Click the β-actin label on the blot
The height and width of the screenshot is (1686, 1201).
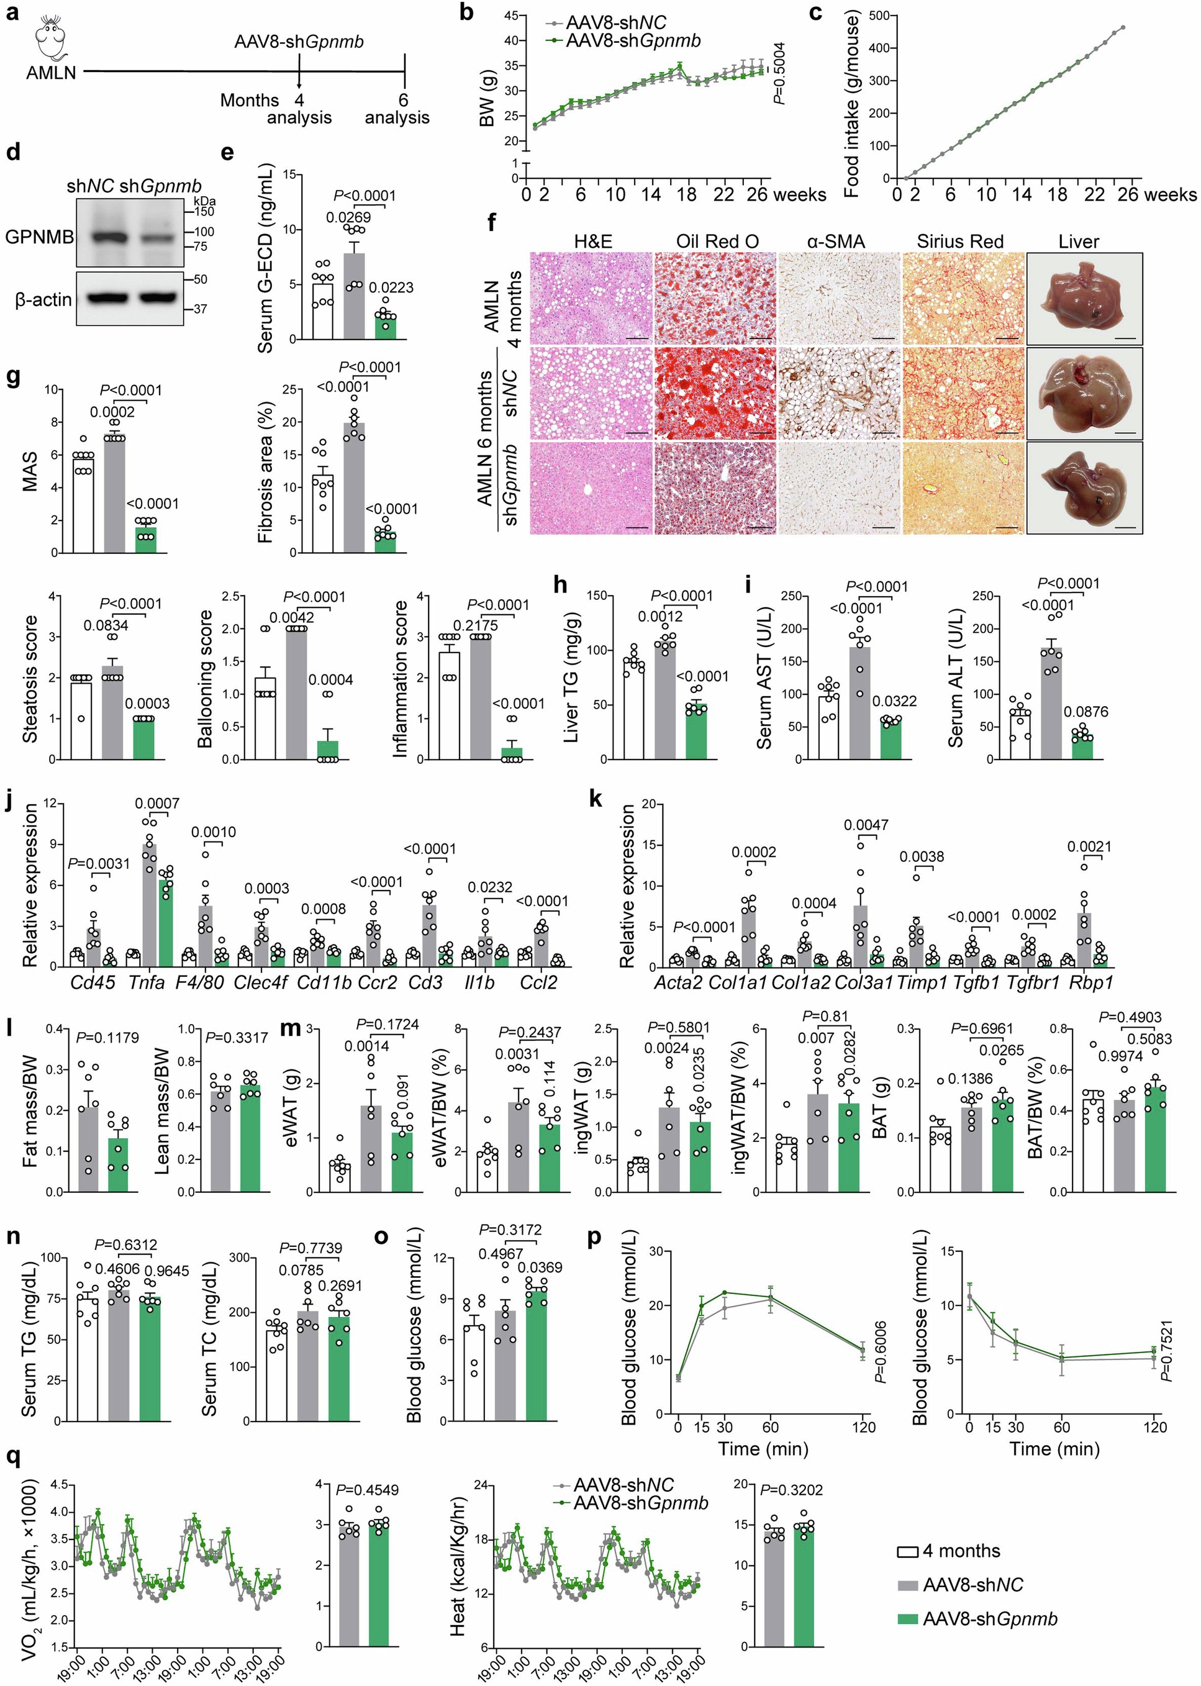coord(43,299)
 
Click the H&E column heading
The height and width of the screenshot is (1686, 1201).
coord(592,241)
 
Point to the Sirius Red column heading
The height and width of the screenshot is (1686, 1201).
coord(960,241)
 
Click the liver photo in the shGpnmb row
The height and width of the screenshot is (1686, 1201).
coord(1084,487)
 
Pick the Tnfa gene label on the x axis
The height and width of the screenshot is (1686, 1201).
coord(147,983)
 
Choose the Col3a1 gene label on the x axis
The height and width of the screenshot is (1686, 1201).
coord(863,983)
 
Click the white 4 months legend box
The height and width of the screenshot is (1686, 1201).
coord(908,1551)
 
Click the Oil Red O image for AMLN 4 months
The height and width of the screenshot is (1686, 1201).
coord(714,298)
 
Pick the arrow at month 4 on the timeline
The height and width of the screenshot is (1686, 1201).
coord(299,78)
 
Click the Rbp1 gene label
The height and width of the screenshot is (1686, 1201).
coord(1092,983)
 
